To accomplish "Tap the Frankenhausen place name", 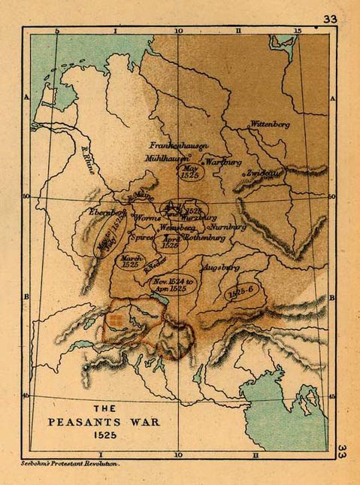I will pyautogui.click(x=178, y=144).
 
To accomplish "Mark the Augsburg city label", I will pyautogui.click(x=219, y=267).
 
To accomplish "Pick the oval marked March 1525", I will pyautogui.click(x=132, y=262).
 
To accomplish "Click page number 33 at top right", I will pyautogui.click(x=329, y=19).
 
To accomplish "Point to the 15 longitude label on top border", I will pyautogui.click(x=298, y=31).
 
